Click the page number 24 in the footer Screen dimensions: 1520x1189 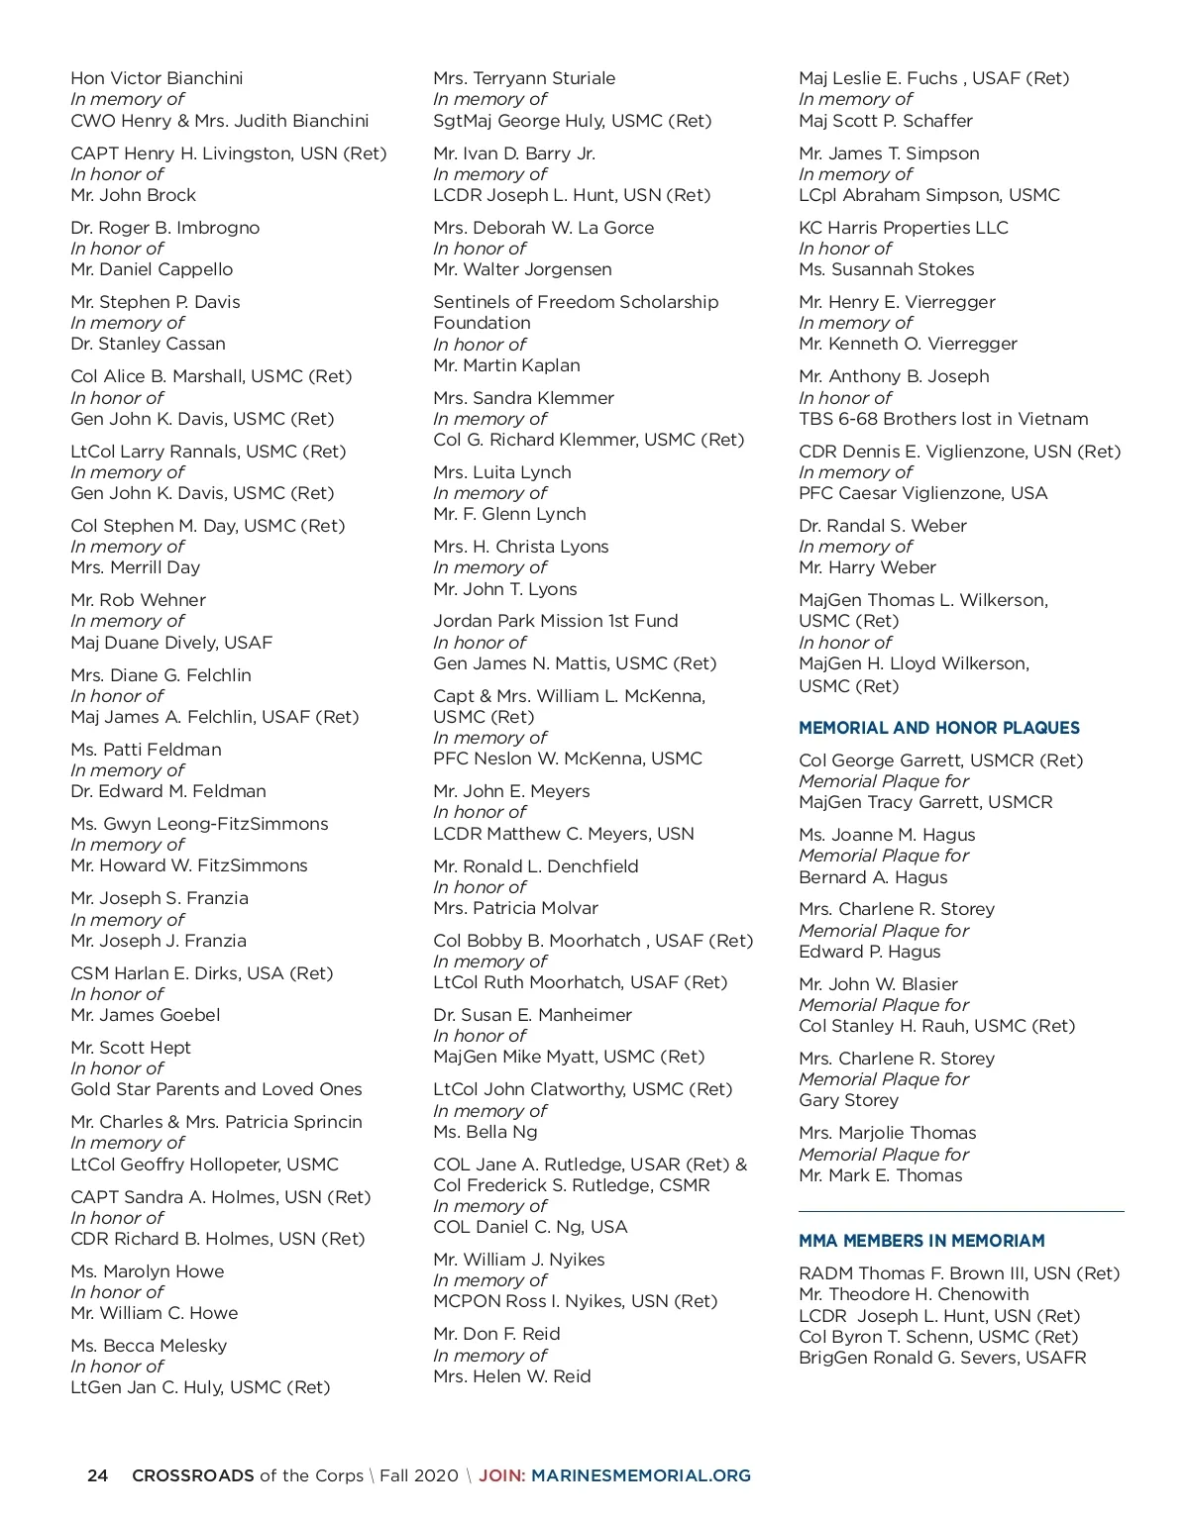click(x=97, y=1475)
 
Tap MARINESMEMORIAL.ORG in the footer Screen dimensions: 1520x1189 click(x=641, y=1475)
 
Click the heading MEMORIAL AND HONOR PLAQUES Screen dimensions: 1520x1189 click(x=938, y=728)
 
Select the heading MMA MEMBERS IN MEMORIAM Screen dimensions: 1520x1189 click(x=921, y=1241)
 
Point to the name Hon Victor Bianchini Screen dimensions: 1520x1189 click(x=157, y=78)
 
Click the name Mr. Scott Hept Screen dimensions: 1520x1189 click(x=131, y=1048)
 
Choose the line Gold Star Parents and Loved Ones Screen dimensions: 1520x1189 click(x=216, y=1089)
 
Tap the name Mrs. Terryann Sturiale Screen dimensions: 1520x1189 click(x=524, y=78)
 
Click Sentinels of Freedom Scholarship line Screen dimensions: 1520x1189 click(x=576, y=302)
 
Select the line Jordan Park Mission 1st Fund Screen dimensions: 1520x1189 click(x=555, y=621)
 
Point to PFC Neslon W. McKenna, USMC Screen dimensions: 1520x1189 click(x=568, y=759)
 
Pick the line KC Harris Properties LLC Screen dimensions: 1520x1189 click(x=904, y=228)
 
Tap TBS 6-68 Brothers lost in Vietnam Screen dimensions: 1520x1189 click(x=943, y=419)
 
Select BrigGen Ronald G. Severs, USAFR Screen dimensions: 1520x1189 click(x=942, y=1358)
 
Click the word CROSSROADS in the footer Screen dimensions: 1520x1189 click(x=193, y=1475)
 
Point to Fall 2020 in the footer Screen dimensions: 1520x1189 click(x=419, y=1475)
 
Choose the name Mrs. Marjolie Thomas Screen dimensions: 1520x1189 click(x=888, y=1133)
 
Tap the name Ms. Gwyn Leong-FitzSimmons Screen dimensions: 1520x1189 click(x=199, y=824)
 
